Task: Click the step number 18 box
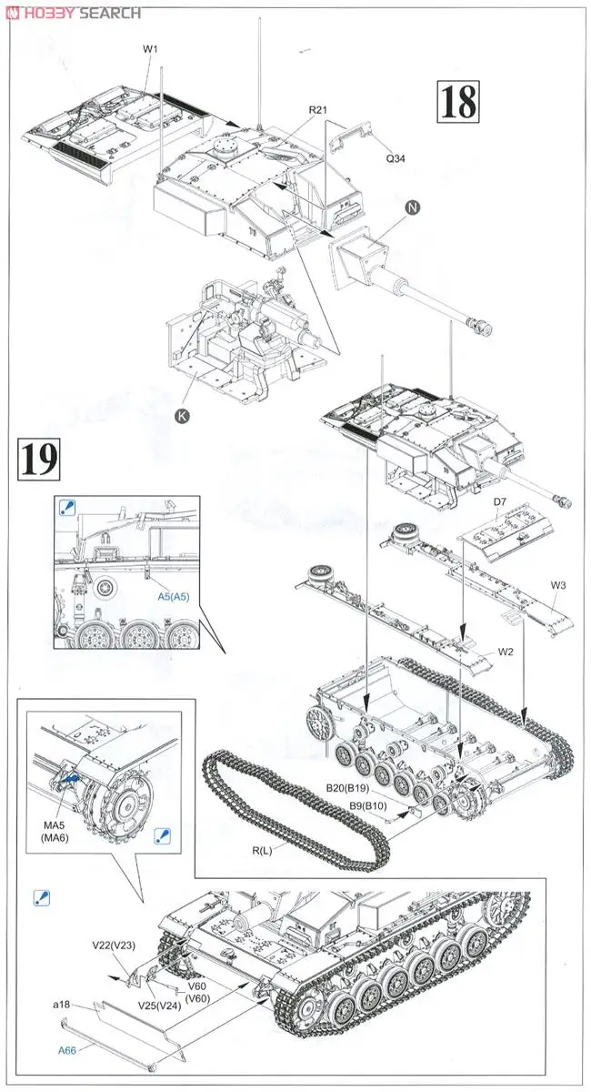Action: click(x=457, y=102)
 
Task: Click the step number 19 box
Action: click(x=38, y=460)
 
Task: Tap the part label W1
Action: click(x=150, y=49)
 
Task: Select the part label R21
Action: click(x=317, y=110)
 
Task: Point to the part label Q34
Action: click(x=396, y=157)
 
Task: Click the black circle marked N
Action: click(x=412, y=207)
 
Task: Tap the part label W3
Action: click(x=557, y=585)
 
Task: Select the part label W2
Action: click(x=506, y=652)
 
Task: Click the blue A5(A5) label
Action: click(x=172, y=597)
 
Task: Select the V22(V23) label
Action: click(x=113, y=946)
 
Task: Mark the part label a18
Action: click(x=61, y=1004)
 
